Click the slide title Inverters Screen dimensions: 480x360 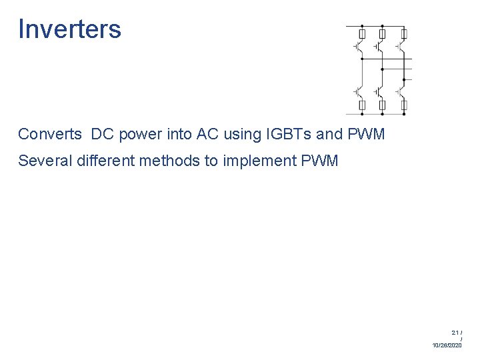point(69,29)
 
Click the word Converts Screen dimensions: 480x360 point(49,134)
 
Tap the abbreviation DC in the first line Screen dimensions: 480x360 point(103,134)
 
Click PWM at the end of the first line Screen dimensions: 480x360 point(366,134)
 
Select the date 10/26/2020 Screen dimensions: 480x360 point(447,345)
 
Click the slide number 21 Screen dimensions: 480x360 point(455,332)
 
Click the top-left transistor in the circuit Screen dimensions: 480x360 point(359,47)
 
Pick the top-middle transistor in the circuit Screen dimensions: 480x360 point(379,47)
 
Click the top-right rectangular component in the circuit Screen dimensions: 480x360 point(403,33)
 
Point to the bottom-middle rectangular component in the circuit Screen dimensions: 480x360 point(382,105)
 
